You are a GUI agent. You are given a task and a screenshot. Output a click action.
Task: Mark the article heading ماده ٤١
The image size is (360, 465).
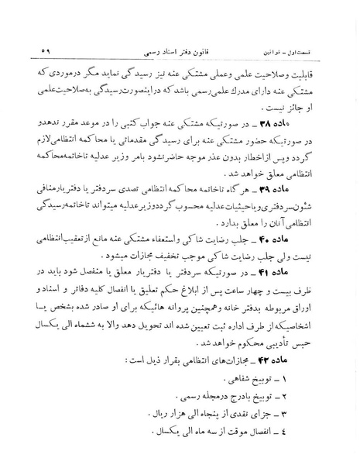point(303,277)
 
